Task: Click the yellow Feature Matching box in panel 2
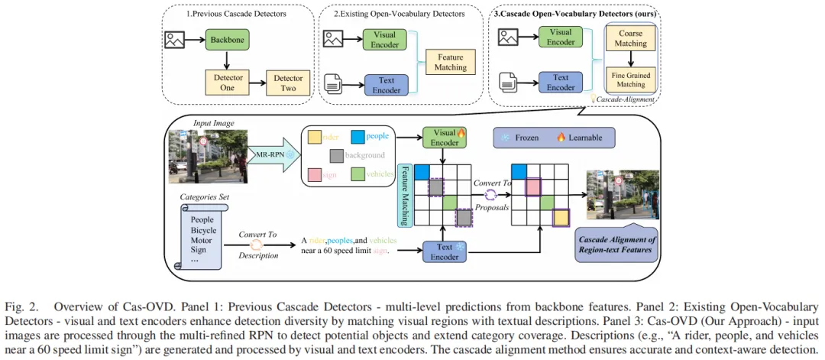tap(451, 61)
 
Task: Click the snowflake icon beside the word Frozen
tap(505, 138)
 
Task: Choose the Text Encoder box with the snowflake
tap(445, 251)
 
